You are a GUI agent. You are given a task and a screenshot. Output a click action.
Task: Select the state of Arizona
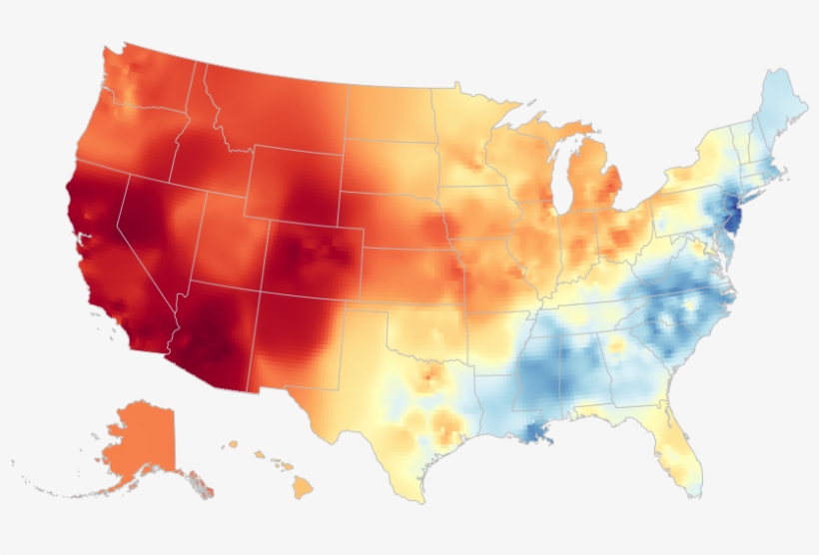pyautogui.click(x=216, y=334)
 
